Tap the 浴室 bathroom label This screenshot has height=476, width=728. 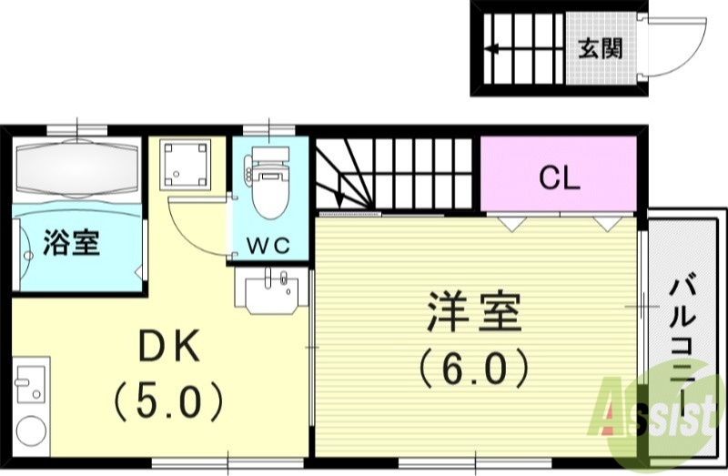click(72, 243)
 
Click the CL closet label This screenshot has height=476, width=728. click(559, 177)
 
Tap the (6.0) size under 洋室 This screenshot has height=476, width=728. click(473, 367)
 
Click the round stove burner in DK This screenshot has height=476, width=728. click(31, 430)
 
